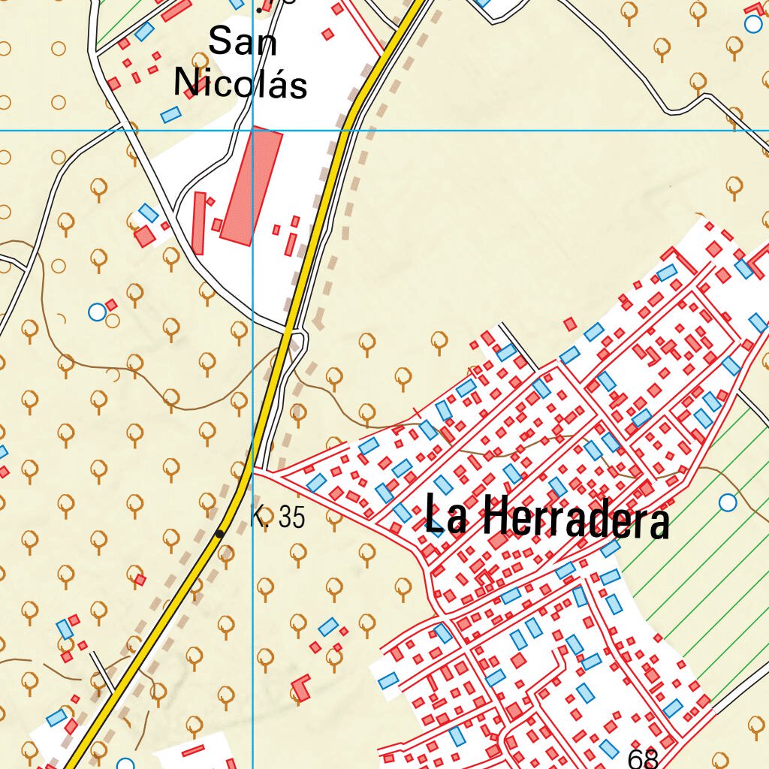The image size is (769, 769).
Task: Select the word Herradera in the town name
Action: click(x=574, y=518)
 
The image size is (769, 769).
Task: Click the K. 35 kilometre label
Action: click(x=279, y=517)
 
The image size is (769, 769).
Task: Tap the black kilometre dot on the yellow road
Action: click(x=219, y=533)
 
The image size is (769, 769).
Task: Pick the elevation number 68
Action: click(x=643, y=758)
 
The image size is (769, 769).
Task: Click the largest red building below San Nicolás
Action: click(x=252, y=185)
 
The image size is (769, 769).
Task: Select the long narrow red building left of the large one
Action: click(x=199, y=223)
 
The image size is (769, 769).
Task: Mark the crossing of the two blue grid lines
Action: click(x=253, y=131)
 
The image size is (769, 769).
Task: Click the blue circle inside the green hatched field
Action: click(x=727, y=502)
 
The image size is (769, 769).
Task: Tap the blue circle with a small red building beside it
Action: click(x=97, y=312)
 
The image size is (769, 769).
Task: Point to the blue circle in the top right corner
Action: click(x=752, y=24)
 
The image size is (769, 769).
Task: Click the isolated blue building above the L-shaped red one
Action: click(x=328, y=626)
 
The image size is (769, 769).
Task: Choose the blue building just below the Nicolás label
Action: click(x=171, y=115)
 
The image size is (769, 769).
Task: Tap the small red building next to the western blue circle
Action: click(x=111, y=305)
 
